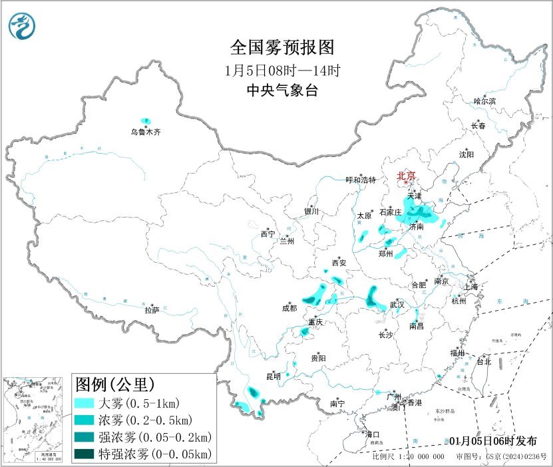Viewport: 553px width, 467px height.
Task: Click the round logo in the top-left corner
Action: [22, 27]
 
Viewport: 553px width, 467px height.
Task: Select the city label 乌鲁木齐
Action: [145, 132]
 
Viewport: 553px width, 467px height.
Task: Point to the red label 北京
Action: [406, 176]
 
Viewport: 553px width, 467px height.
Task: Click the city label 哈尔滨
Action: [484, 101]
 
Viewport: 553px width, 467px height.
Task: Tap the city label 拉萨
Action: [152, 310]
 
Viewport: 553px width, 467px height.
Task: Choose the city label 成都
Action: [289, 308]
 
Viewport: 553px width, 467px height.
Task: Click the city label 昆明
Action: [274, 377]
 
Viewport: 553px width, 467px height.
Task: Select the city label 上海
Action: [472, 287]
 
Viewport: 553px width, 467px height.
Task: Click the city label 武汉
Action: [397, 304]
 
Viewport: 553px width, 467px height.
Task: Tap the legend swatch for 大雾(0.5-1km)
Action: [85, 404]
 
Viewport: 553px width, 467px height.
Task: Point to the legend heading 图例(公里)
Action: [115, 385]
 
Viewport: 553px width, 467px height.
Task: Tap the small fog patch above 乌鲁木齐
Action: [146, 121]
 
